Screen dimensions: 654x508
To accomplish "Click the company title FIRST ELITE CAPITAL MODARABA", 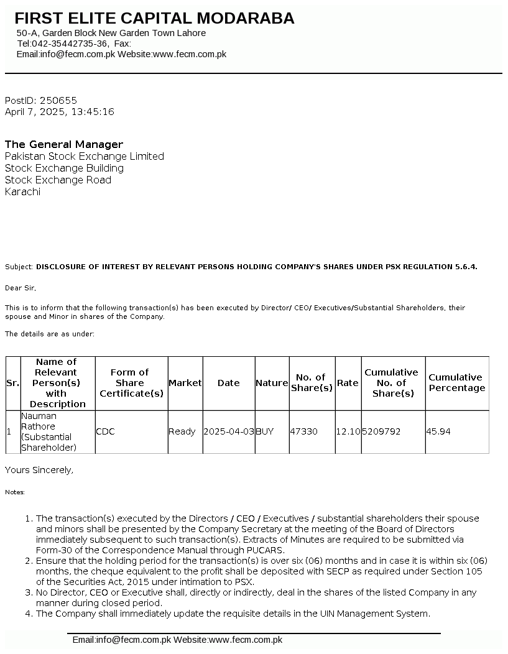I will pyautogui.click(x=154, y=19).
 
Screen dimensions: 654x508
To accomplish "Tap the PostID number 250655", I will pyautogui.click(x=58, y=100).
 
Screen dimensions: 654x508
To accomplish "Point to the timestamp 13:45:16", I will pyautogui.click(x=93, y=112).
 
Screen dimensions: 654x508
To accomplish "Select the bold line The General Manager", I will pyautogui.click(x=64, y=144).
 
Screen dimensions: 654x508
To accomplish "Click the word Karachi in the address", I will pyautogui.click(x=22, y=191).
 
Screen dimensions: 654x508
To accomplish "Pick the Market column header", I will pyautogui.click(x=185, y=383).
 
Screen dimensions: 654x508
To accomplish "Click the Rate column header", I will pyautogui.click(x=348, y=383).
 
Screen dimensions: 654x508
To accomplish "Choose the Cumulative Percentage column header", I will pyautogui.click(x=456, y=383).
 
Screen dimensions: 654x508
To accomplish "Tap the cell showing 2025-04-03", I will pyautogui.click(x=228, y=431).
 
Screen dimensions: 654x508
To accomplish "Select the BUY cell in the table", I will pyautogui.click(x=265, y=431).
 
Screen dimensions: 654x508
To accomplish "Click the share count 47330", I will pyautogui.click(x=304, y=431).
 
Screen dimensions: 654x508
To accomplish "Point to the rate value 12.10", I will pyautogui.click(x=348, y=431).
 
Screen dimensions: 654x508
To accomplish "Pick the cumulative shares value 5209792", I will pyautogui.click(x=382, y=431).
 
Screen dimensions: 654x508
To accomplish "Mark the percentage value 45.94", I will pyautogui.click(x=438, y=431).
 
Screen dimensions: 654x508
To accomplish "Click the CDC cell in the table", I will pyautogui.click(x=105, y=431).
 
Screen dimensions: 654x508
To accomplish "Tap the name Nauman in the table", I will pyautogui.click(x=39, y=416).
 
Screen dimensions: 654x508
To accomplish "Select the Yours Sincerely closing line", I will pyautogui.click(x=39, y=470).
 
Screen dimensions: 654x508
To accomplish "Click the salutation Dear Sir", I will pyautogui.click(x=21, y=288).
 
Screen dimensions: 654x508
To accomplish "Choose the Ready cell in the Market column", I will pyautogui.click(x=182, y=431).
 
